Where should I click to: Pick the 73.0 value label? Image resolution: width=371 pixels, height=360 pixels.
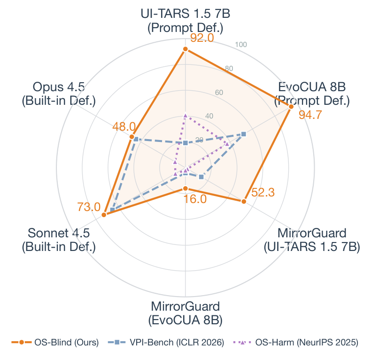(x=89, y=206)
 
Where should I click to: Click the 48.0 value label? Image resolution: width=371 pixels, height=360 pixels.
(x=124, y=126)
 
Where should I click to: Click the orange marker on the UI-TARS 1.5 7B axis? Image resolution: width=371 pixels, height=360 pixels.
(x=185, y=49)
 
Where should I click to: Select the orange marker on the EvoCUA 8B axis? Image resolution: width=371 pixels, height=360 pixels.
(x=291, y=107)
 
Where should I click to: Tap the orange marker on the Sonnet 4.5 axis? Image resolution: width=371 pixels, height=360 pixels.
(x=104, y=215)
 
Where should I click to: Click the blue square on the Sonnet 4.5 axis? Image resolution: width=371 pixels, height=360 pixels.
(x=112, y=210)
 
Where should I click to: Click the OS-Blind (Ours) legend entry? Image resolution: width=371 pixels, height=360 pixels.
(x=55, y=343)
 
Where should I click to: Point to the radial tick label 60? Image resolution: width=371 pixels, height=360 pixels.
(x=219, y=92)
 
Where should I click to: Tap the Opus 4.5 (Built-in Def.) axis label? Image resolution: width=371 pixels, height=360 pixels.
(x=59, y=94)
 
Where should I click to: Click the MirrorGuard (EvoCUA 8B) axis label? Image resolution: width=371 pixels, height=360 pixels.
(x=185, y=313)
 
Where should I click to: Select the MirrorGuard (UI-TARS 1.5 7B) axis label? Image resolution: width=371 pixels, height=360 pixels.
(x=312, y=239)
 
